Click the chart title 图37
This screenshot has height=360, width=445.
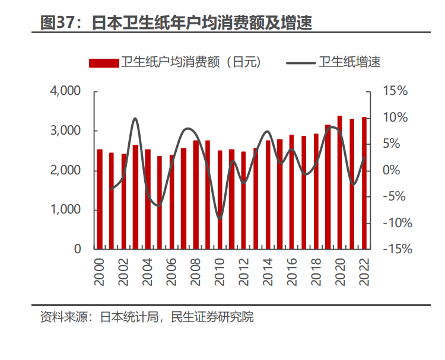point(176,23)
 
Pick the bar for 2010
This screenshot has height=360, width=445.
point(220,200)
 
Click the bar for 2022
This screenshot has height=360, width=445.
point(364,183)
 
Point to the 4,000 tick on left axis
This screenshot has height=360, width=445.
point(66,91)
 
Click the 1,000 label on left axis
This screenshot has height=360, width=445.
point(66,210)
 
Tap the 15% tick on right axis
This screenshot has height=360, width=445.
point(396,91)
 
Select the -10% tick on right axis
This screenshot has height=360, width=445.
point(396,223)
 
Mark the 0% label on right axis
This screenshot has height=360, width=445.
point(396,171)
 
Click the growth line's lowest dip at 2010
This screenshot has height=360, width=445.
point(220,218)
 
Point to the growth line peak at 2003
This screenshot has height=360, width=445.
point(135,119)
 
